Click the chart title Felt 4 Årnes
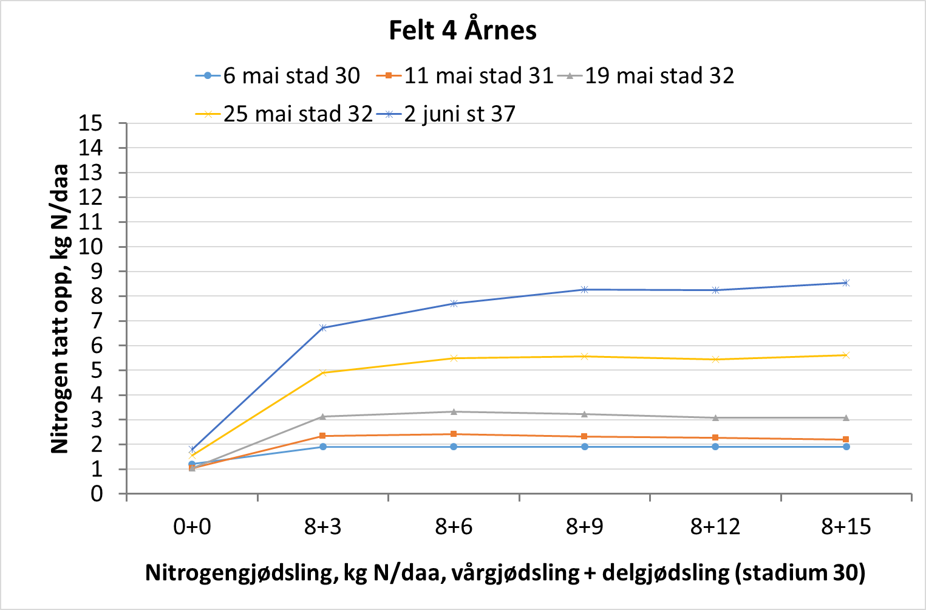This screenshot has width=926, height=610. [x=463, y=30]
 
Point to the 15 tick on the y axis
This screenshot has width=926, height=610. [x=90, y=123]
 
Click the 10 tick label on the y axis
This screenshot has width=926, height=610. [x=90, y=247]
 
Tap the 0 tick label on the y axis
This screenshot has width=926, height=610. [x=97, y=494]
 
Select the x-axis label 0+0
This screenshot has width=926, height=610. [x=192, y=527]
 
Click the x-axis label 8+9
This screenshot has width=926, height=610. [x=584, y=527]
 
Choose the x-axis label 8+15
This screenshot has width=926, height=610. [x=846, y=527]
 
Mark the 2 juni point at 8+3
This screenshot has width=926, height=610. [x=323, y=327]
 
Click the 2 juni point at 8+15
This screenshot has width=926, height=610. [x=846, y=283]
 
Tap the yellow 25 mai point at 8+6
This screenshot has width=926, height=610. [x=454, y=358]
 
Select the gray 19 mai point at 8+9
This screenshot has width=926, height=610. [x=585, y=414]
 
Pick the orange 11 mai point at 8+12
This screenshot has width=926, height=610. [x=715, y=437]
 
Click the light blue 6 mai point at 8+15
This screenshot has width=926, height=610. [x=846, y=447]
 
